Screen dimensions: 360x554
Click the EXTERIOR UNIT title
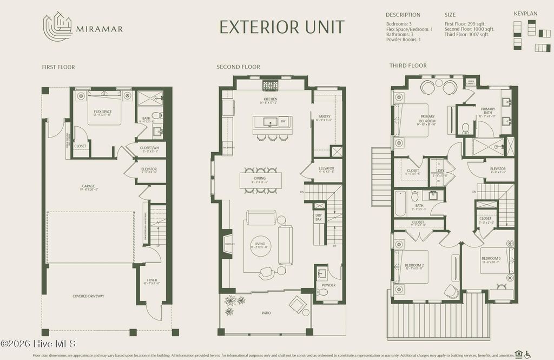click(x=281, y=27)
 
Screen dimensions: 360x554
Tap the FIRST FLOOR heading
click(x=58, y=67)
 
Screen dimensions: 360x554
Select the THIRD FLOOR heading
click(x=408, y=66)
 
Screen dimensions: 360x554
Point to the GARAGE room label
click(x=88, y=186)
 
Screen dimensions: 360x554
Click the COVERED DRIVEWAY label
click(x=88, y=296)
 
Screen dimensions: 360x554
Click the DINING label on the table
click(x=260, y=180)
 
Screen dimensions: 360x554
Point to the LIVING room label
click(x=260, y=244)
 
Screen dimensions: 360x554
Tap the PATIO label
click(x=266, y=313)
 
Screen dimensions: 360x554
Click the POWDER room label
click(x=328, y=285)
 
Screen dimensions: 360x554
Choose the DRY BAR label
click(x=319, y=217)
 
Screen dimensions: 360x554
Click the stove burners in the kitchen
click(x=270, y=85)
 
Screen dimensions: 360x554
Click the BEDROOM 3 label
click(x=491, y=259)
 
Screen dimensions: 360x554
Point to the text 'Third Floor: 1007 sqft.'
click(x=466, y=35)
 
